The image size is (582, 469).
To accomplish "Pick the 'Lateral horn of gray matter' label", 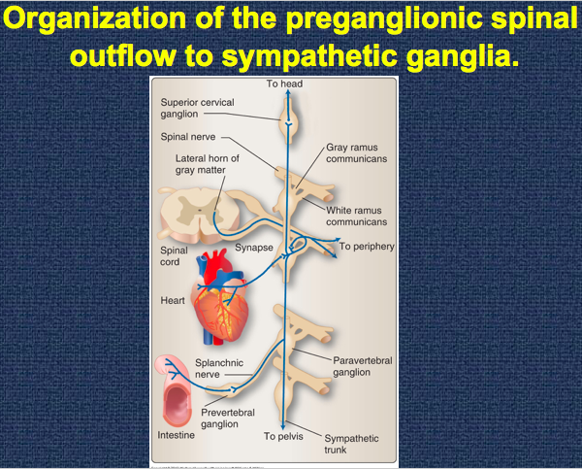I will click(208, 164).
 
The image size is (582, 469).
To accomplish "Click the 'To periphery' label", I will click(367, 247).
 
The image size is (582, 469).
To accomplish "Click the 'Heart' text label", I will click(173, 300).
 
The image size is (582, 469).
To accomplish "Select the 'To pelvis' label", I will click(283, 437).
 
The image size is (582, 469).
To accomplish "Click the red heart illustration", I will click(225, 311).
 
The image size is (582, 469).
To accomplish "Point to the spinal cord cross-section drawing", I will click(195, 217).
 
